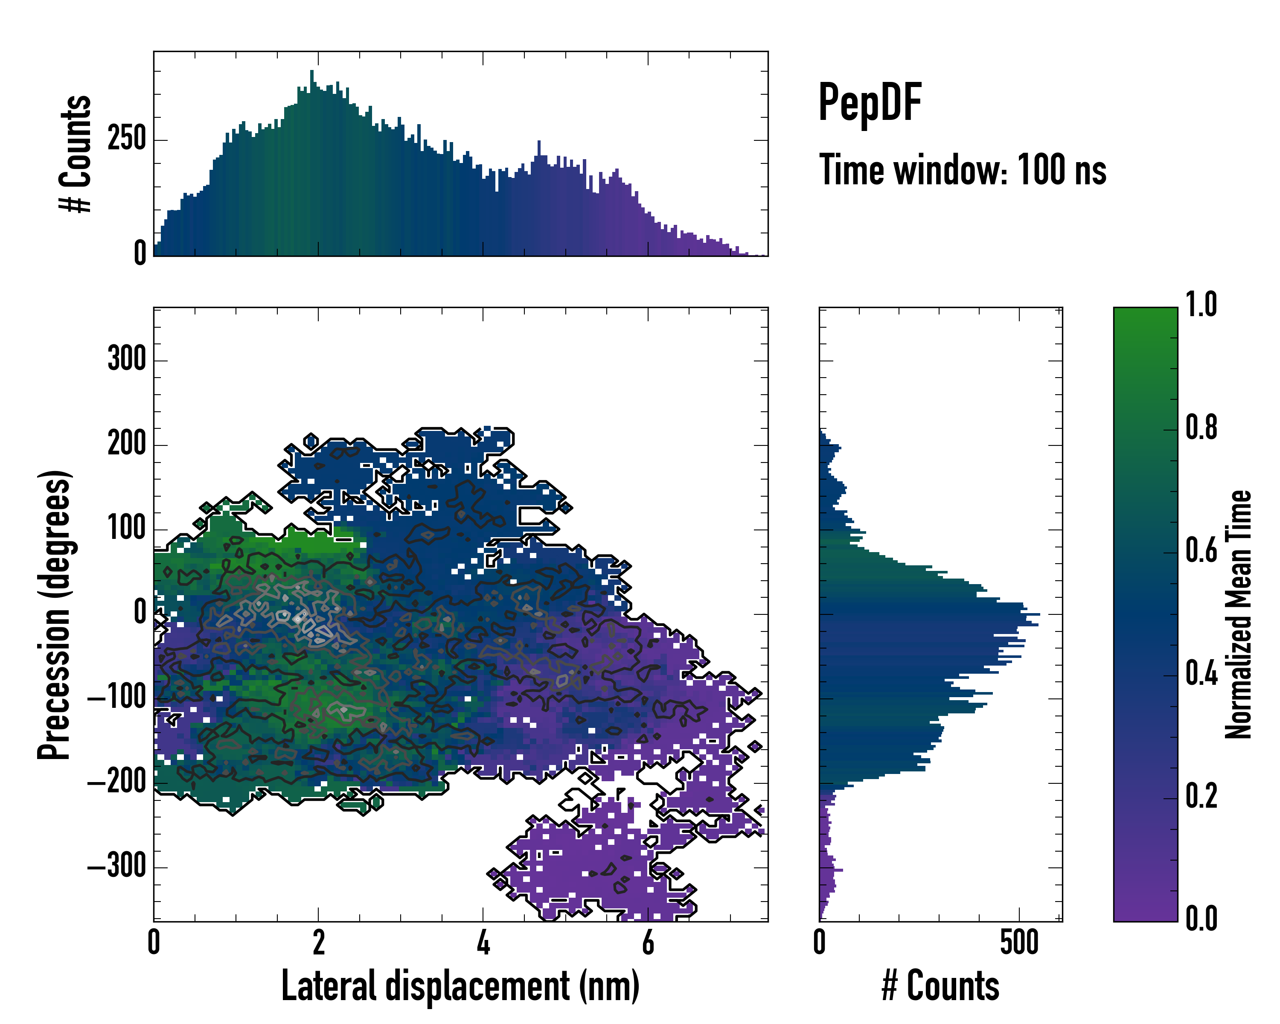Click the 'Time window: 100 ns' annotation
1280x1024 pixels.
point(963,170)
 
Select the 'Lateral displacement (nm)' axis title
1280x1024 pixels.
point(460,986)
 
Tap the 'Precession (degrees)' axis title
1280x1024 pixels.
point(55,614)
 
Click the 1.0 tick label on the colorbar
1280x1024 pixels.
point(1201,305)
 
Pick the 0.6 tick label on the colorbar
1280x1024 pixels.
point(1201,550)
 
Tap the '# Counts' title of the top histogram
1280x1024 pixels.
point(76,153)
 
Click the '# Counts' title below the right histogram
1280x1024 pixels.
point(940,986)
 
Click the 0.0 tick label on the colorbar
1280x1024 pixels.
point(1201,918)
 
